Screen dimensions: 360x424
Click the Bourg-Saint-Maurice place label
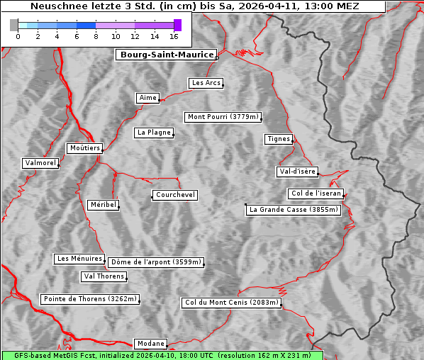pos(166,55)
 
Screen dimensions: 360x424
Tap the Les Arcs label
pos(206,83)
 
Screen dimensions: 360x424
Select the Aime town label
pos(148,98)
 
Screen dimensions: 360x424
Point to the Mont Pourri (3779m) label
pos(223,117)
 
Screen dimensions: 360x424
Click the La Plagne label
pos(154,133)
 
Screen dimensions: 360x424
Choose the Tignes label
pos(279,139)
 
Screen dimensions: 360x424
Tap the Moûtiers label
pos(84,148)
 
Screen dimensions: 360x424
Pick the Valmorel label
pos(40,163)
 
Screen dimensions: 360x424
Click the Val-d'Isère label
pos(297,171)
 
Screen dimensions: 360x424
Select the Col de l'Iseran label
pos(316,193)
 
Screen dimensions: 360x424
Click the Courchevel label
pos(174,195)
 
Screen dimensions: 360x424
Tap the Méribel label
pos(103,205)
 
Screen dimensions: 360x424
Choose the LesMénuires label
pos(79,259)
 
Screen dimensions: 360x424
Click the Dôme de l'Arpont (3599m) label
pos(156,262)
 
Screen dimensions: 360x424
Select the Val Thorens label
pos(104,276)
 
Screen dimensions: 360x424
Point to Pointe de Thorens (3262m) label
pos(89,299)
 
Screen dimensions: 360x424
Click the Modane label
pos(150,343)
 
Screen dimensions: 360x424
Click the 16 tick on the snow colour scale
pos(174,35)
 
